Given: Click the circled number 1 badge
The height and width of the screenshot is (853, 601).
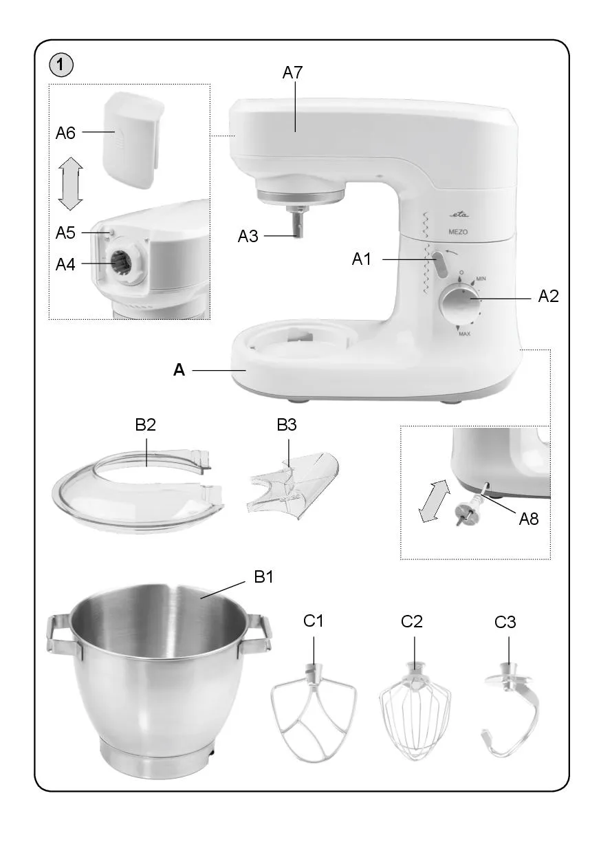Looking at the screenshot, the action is click(61, 65).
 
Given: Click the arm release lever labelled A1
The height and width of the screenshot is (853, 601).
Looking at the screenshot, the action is click(440, 263).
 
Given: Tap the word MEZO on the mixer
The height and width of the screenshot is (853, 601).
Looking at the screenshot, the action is click(458, 232).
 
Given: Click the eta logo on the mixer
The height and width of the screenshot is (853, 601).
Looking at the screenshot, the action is click(460, 215).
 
